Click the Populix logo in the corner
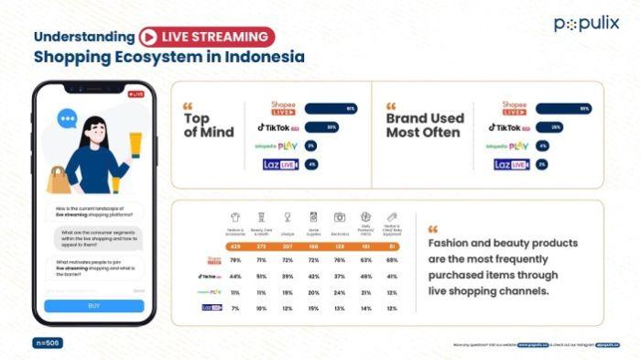[x=585, y=24]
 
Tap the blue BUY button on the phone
[x=94, y=306]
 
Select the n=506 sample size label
[x=48, y=343]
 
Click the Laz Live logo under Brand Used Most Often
[x=511, y=165]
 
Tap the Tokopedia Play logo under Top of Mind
[x=275, y=147]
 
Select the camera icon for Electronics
[x=339, y=217]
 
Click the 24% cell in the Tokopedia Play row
[x=339, y=291]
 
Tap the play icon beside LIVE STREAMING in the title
[x=147, y=37]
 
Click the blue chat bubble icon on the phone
[x=67, y=119]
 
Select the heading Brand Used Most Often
[x=425, y=125]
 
